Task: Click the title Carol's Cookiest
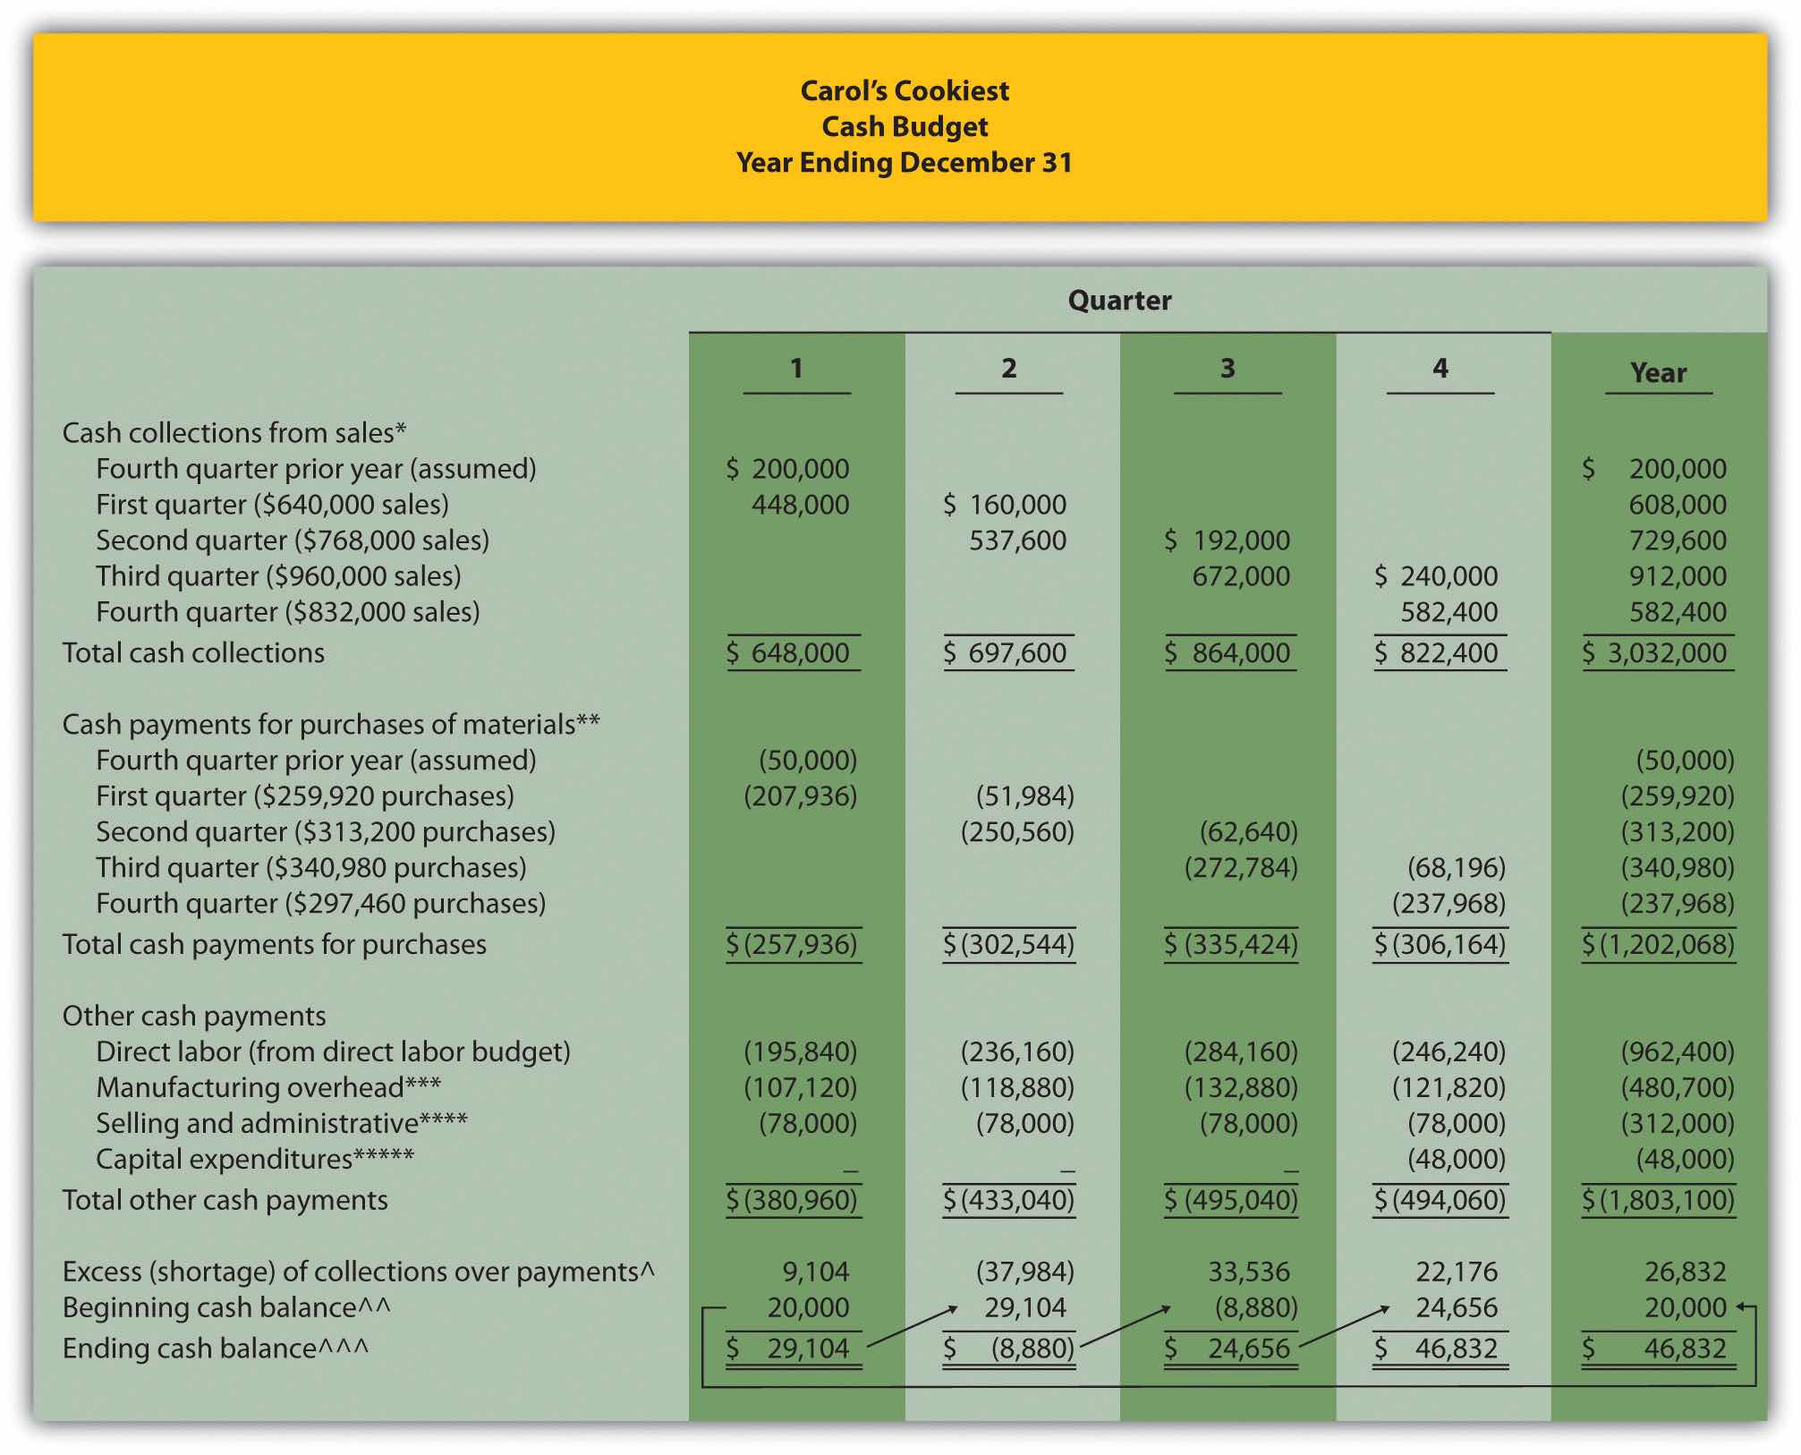(904, 90)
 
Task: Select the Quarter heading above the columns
(1119, 301)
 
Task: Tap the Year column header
(1658, 373)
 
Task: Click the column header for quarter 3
(1228, 369)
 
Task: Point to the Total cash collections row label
(193, 653)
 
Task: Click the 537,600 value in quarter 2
(1017, 540)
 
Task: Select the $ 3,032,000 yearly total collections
(1657, 653)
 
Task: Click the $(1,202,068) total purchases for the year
(1658, 945)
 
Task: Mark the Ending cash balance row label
(215, 1349)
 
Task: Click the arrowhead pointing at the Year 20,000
(1741, 1307)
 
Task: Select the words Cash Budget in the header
(905, 127)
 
